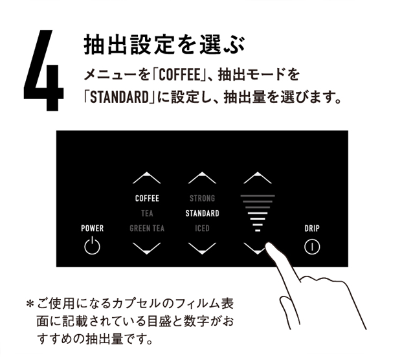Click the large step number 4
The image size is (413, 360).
44,70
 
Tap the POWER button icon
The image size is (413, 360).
92,245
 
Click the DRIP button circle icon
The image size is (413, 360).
312,247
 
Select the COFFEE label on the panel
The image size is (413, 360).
147,198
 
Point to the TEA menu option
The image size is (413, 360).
147,213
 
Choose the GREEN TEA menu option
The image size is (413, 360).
147,228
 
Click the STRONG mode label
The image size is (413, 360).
202,198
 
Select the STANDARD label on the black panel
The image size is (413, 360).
202,213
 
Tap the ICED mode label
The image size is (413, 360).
202,228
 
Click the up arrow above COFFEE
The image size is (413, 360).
147,177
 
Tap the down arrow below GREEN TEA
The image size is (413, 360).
147,249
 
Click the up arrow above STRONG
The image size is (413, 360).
202,177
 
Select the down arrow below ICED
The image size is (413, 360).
202,249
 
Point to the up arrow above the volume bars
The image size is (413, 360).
258,177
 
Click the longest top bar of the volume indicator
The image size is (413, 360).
258,196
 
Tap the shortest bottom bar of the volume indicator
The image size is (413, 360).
258,231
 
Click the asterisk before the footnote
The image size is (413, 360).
30,304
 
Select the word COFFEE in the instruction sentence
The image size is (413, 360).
179,74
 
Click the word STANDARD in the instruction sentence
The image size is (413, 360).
120,97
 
